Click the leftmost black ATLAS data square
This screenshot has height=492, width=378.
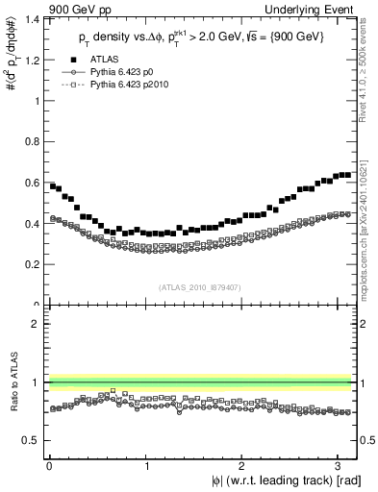52,185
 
